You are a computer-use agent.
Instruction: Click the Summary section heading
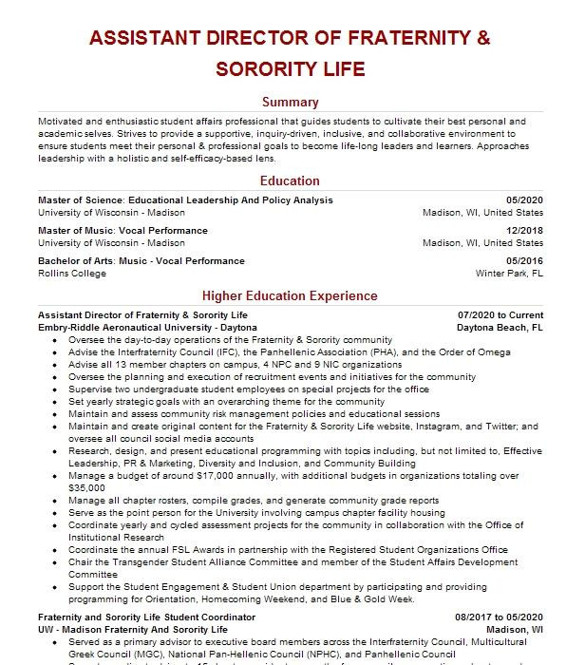point(291,103)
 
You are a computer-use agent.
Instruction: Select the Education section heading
point(291,180)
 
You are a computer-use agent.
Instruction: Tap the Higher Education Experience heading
point(291,295)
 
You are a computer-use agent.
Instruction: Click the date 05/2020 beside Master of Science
point(524,200)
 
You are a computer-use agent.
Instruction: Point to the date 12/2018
point(524,231)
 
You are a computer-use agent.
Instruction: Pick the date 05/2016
point(524,261)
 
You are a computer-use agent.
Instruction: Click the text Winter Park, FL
point(509,274)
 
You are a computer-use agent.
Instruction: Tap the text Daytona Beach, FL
point(500,327)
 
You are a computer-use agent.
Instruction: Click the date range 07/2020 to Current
point(500,314)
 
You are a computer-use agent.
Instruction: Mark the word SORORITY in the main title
point(275,69)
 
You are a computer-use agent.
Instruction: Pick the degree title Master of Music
point(77,231)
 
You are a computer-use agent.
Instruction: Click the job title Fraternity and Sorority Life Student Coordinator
point(146,617)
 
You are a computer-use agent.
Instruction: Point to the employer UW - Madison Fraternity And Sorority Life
point(133,629)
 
